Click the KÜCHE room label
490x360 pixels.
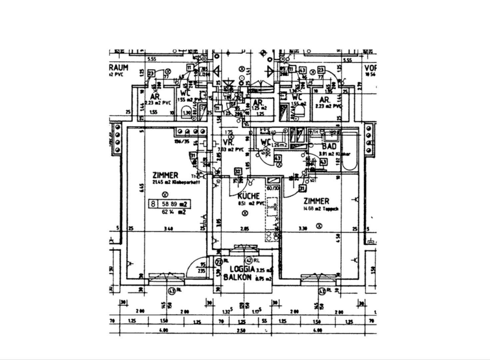point(248,196)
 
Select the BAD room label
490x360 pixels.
point(329,146)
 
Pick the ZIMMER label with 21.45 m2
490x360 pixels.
point(165,175)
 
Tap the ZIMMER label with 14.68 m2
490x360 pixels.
point(316,201)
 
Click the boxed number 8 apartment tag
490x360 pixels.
point(153,204)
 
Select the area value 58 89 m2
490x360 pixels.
point(174,204)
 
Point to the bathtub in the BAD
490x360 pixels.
point(350,152)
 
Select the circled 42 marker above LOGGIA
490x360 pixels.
point(249,260)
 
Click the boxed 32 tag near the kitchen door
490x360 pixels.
point(238,171)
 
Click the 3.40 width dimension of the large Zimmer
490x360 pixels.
point(169,229)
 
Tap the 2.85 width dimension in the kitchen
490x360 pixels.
point(244,229)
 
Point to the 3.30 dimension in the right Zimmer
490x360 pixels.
point(302,229)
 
